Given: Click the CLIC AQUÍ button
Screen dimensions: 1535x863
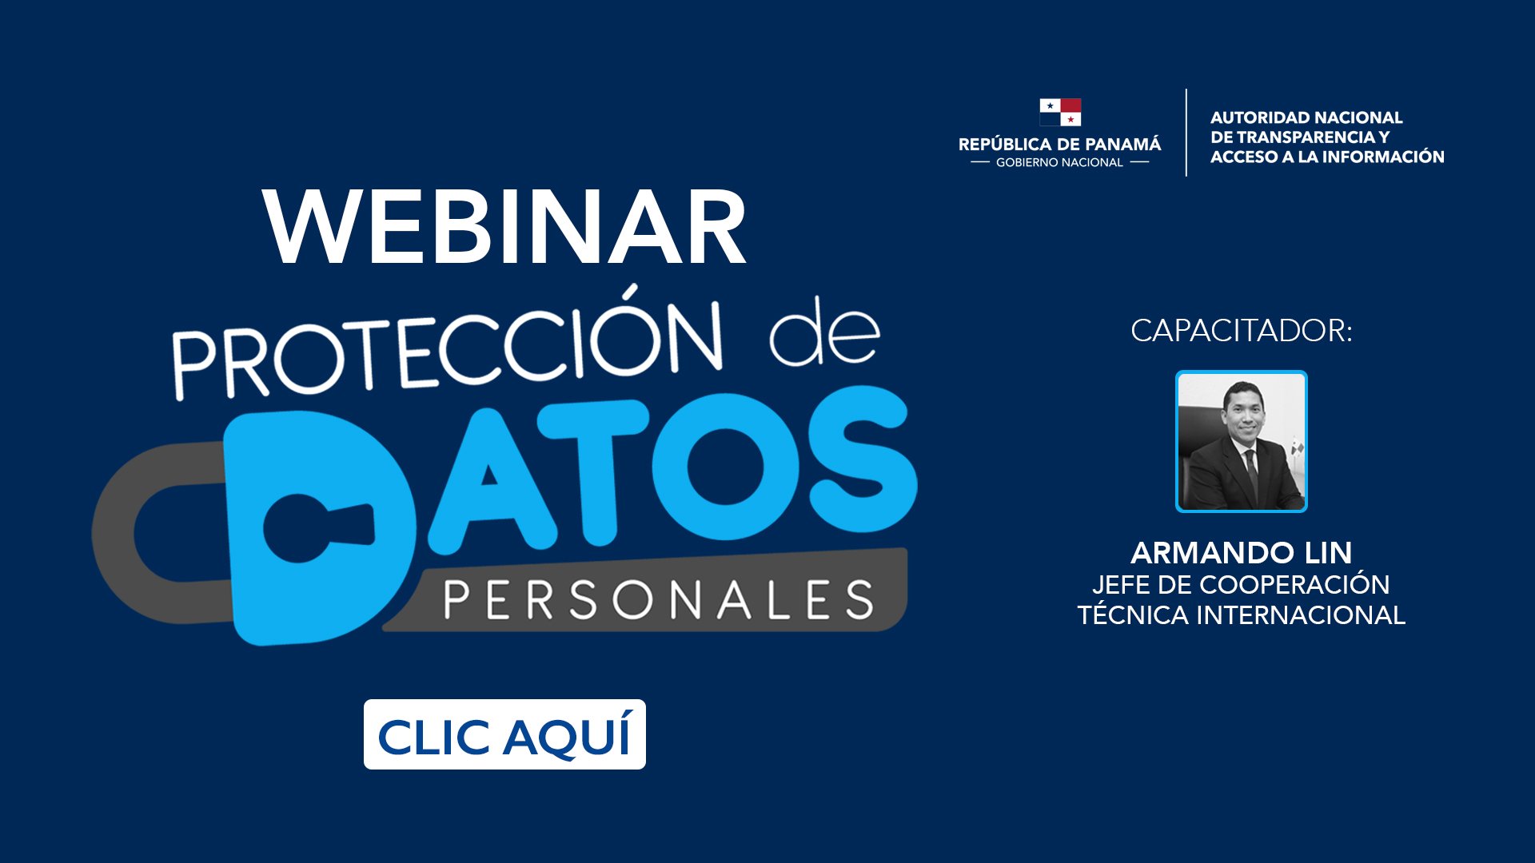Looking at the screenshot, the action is click(x=504, y=734).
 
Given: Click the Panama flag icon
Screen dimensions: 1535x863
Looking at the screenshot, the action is click(x=1060, y=113).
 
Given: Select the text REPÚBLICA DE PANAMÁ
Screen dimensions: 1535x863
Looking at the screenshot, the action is click(x=1060, y=145).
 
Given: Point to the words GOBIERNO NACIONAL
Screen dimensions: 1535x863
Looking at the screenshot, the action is click(x=1059, y=163).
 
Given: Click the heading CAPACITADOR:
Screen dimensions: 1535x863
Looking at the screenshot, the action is click(x=1242, y=331).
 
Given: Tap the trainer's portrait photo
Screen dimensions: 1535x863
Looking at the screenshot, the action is click(x=1242, y=441).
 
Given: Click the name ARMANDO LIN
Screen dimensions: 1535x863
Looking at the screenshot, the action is click(x=1242, y=552).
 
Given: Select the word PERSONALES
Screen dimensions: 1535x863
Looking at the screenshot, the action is click(x=659, y=601).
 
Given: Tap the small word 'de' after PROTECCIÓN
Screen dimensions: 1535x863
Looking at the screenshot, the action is click(x=824, y=333).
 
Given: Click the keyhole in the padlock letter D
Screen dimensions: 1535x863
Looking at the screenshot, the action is click(x=316, y=527).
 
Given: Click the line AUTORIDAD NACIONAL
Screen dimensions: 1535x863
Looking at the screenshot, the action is click(x=1306, y=117).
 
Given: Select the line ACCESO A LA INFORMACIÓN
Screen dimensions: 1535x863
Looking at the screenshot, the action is click(x=1327, y=157).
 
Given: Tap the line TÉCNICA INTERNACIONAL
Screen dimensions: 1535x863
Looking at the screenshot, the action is click(x=1242, y=615).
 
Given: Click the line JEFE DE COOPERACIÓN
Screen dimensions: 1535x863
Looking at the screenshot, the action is click(x=1242, y=585).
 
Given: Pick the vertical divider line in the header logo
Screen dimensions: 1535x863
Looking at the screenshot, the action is click(x=1186, y=133).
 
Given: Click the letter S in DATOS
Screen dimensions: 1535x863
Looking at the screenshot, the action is click(x=863, y=463).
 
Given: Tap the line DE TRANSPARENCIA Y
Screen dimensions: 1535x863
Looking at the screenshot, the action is click(x=1300, y=137).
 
